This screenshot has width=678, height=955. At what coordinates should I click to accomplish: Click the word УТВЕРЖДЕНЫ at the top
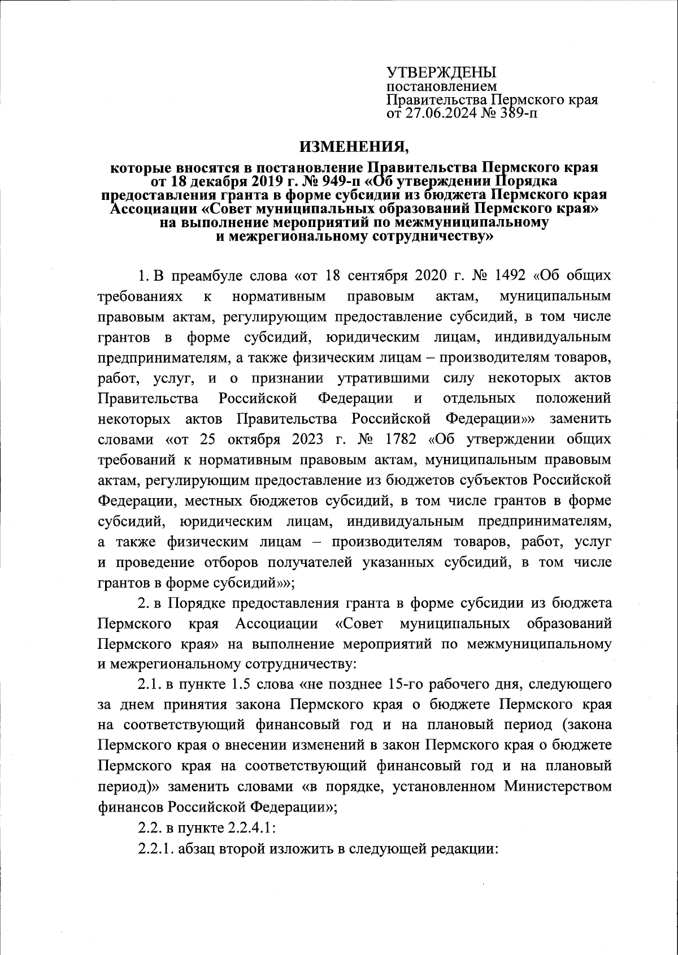(x=441, y=73)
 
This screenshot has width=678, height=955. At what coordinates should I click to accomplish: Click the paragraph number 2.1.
(x=149, y=685)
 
